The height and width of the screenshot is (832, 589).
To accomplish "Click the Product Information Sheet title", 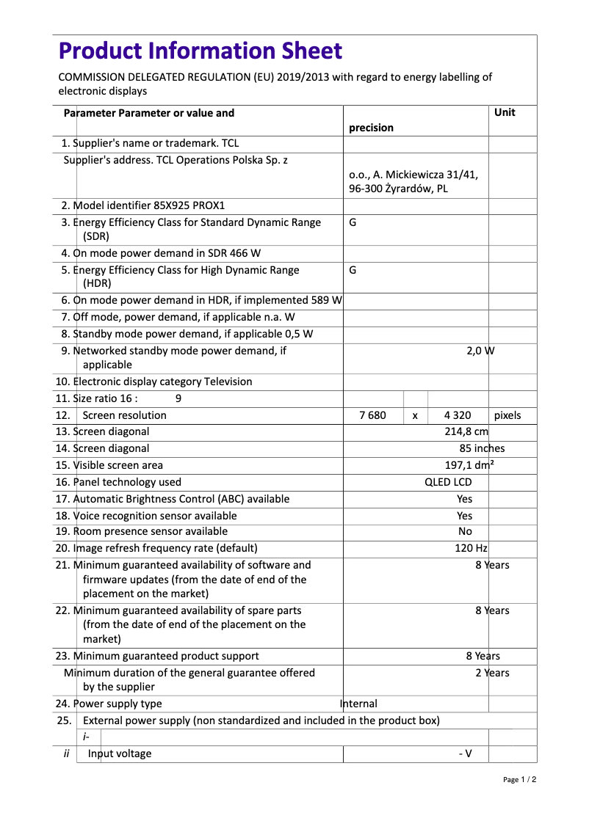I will coord(200,51).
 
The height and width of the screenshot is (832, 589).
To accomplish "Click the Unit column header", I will coord(505,112).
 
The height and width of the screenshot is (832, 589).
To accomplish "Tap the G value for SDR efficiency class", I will coord(353,222).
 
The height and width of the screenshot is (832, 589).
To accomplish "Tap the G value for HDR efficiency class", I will coord(353,270).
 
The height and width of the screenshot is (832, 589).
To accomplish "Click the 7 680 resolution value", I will coord(372,415).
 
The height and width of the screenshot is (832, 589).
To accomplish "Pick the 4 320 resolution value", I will coord(457,415).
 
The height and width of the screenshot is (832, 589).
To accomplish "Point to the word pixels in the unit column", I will coord(507,415).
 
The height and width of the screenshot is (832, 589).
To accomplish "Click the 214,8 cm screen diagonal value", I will coord(466,432).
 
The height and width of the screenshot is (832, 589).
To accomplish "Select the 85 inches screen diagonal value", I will coord(482,448).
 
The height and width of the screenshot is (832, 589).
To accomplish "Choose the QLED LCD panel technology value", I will coord(448,482).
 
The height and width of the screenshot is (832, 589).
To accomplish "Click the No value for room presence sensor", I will coord(465,531).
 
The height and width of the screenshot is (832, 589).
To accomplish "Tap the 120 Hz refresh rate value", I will coord(471,548).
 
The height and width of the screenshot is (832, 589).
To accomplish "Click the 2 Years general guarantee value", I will coord(491,673).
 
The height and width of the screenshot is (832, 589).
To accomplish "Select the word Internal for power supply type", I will coord(358,704).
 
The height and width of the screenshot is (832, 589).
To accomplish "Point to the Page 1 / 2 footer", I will coord(519,779).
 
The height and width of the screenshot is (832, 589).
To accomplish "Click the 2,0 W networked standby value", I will coord(480,351).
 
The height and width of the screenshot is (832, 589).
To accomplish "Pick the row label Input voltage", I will coord(120,753).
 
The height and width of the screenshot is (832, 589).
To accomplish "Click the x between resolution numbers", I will coord(415,416).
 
